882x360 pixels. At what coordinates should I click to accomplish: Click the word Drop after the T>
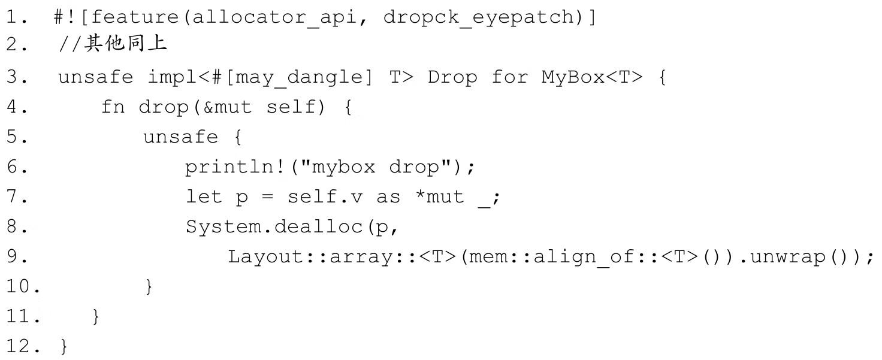pos(452,77)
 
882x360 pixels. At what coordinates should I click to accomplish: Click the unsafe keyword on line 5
pos(180,137)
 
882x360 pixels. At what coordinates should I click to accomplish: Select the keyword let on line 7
pos(204,197)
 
